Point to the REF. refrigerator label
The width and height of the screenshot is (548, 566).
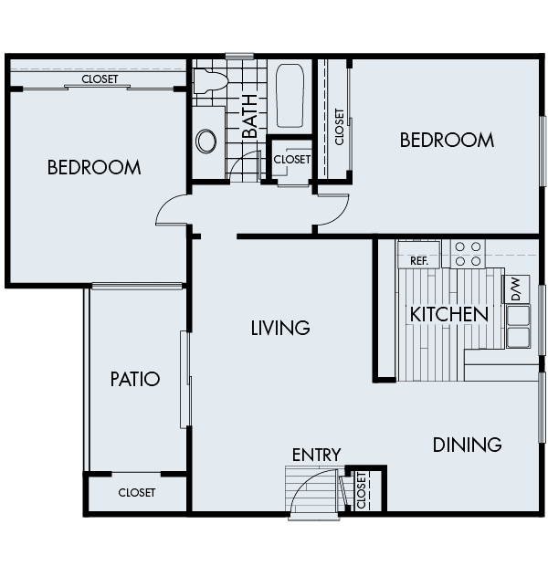[x=419, y=261]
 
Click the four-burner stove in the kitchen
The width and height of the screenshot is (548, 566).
[x=468, y=254]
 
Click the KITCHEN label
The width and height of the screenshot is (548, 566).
[x=448, y=314]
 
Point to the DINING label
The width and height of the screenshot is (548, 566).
[x=467, y=445]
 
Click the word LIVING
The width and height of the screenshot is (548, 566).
[x=280, y=328]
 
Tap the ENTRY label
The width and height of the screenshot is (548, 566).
[x=316, y=455]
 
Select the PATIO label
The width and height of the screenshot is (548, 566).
[x=135, y=379]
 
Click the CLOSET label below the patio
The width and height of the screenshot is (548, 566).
[x=137, y=493]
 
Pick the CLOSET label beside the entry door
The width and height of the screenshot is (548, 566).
[x=362, y=490]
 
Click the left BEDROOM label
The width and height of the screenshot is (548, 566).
[x=94, y=168]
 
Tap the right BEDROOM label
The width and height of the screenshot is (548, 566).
[x=447, y=140]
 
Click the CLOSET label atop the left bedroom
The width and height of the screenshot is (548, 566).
[x=100, y=79]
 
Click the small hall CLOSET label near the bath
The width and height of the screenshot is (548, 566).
[x=291, y=159]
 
